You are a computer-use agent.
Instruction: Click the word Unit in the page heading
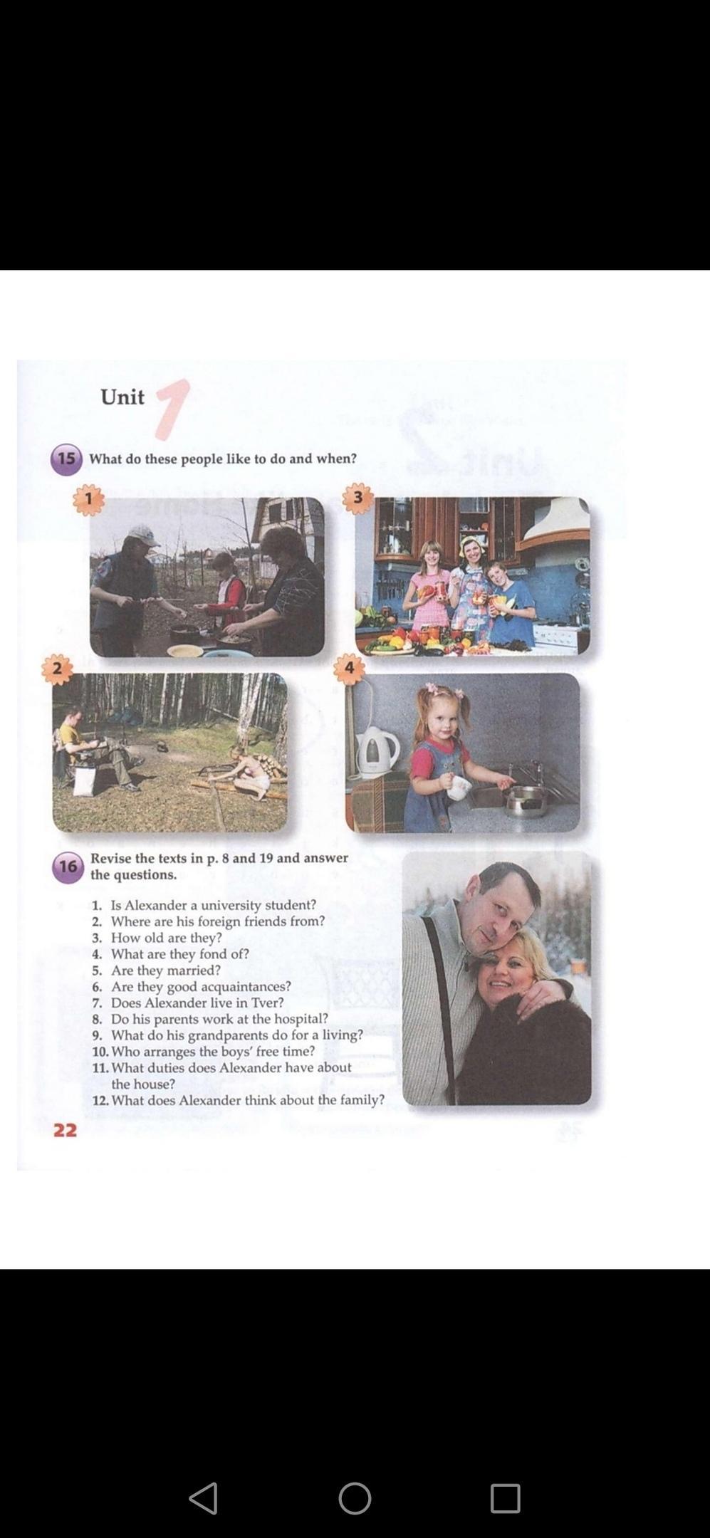point(122,397)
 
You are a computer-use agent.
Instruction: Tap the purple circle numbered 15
point(66,459)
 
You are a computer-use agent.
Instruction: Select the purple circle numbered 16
point(68,867)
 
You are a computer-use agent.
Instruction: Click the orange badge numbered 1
point(88,499)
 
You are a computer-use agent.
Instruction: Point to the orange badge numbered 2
point(58,669)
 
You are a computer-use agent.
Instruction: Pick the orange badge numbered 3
point(357,498)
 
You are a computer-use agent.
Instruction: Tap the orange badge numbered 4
point(349,669)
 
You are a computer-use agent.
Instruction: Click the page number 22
point(65,1131)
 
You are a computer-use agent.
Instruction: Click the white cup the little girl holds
point(459,787)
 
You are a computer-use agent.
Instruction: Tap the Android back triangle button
point(204,1498)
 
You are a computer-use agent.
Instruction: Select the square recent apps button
point(506,1498)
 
